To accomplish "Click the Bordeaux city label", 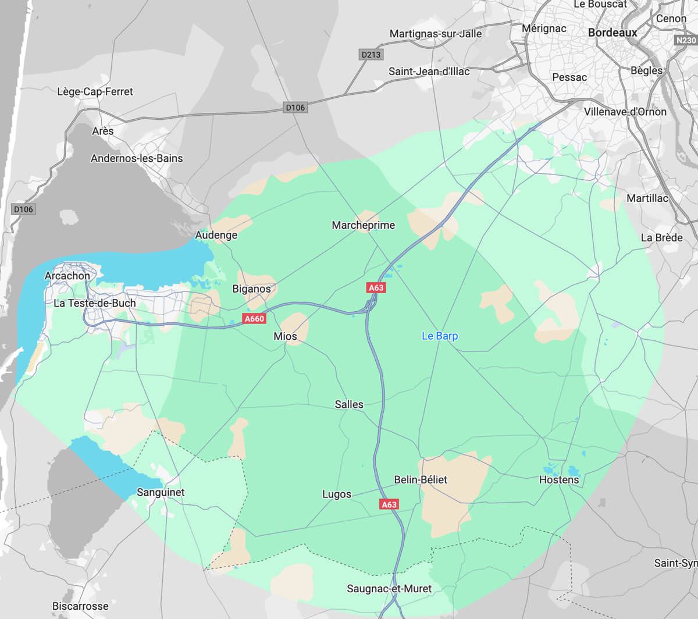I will pos(612,33).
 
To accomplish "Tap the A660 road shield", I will pos(254,318).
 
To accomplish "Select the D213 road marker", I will pos(371,55).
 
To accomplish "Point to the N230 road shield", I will pos(686,40).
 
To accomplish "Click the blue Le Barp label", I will pos(439,336).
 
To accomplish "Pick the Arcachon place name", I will pos(67,275).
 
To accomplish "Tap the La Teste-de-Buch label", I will pos(94,303).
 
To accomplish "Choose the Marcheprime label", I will pos(363,225).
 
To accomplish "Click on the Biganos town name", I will pos(251,289).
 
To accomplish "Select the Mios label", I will pos(285,336).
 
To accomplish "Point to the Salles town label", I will pos(349,404).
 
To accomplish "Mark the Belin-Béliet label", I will pos(421,479).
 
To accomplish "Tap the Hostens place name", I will pos(559,479).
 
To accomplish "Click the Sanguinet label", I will pos(161,492).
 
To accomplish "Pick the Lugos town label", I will pos(337,494).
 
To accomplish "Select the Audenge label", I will pos(216,235).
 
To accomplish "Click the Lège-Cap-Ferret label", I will pos(95,91).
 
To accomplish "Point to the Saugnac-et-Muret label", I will pos(389,589).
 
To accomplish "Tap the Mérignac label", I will pos(544,28).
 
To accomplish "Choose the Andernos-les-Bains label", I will pos(137,158).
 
